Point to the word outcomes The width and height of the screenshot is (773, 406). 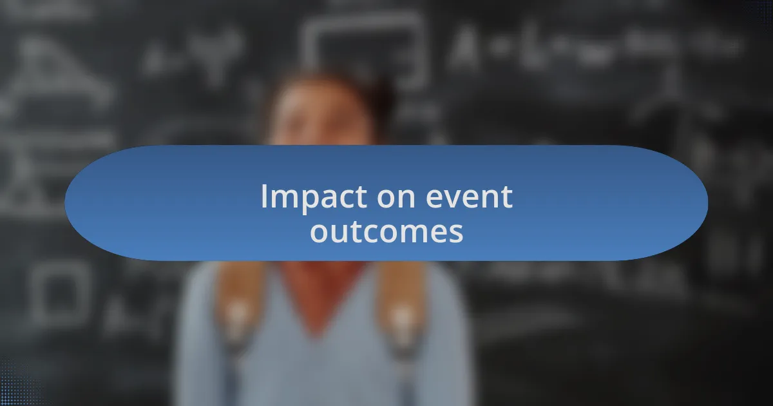[x=386, y=231]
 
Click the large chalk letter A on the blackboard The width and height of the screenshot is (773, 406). [x=464, y=48]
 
